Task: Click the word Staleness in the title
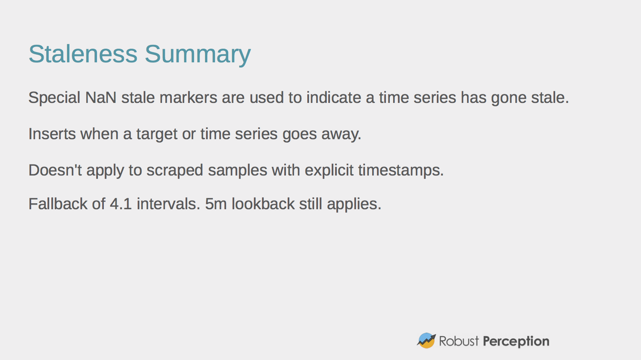point(83,54)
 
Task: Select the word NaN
point(101,97)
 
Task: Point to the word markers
point(188,97)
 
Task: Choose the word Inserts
point(52,134)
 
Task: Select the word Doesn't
point(55,170)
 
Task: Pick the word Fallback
point(58,204)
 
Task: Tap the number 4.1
point(121,204)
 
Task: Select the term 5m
point(216,204)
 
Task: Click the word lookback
point(263,204)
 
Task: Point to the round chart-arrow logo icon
point(426,340)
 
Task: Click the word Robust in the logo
point(459,341)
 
